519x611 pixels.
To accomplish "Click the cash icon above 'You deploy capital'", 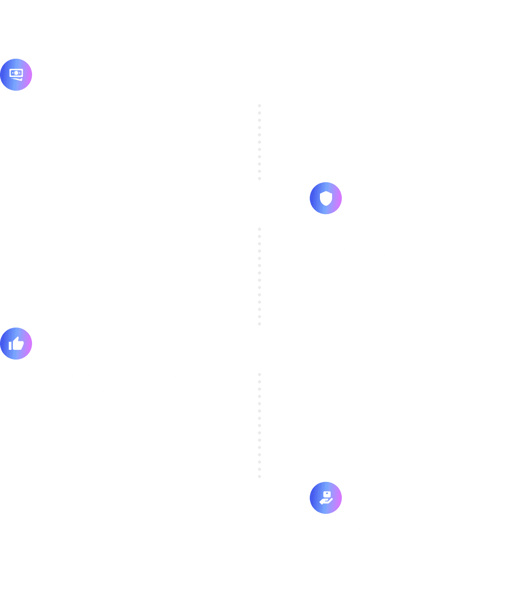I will (16, 75).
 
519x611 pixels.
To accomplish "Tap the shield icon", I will (326, 198).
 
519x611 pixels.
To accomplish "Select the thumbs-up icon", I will (16, 344).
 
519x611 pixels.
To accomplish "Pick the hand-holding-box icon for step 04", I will (326, 498).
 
